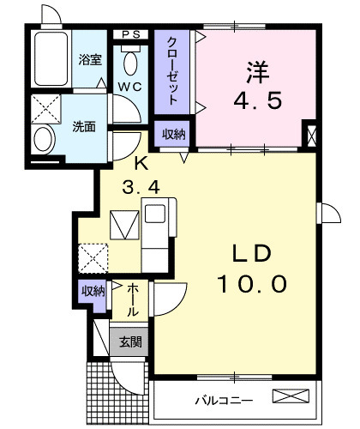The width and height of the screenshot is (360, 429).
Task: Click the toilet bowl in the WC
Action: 130,63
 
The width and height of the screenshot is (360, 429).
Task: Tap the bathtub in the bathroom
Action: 51,59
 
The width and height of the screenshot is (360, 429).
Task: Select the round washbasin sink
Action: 43,139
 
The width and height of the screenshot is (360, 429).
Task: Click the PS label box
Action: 131,34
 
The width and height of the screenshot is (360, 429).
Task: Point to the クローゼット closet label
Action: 171,70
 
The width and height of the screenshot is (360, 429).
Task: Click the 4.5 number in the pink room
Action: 258,100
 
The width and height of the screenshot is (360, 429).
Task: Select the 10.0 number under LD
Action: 252,284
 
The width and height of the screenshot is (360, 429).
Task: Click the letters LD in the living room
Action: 251,253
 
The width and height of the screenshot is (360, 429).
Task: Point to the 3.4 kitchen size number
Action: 141,188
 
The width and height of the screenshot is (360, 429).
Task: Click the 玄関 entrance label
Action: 130,341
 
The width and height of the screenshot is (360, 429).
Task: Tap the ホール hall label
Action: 133,299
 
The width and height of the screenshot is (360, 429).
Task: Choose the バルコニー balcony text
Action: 224,401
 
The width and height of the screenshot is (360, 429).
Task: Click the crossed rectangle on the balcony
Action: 291,396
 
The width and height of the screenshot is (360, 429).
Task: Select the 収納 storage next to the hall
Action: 93,291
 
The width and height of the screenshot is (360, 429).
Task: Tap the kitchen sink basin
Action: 155,214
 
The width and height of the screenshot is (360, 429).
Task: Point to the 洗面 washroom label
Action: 84,127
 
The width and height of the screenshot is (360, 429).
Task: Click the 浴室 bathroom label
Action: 90,60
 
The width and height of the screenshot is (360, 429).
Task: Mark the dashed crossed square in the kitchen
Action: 93,258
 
